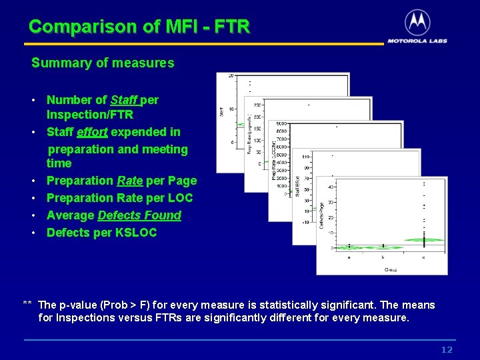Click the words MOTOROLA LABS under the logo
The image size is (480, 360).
click(x=417, y=41)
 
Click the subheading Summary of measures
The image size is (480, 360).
click(x=103, y=63)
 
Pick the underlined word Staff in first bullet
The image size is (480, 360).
click(x=124, y=100)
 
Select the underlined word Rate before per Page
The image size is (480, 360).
click(x=130, y=181)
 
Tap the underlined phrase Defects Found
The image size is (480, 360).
click(x=139, y=215)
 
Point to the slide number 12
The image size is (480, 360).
click(x=446, y=350)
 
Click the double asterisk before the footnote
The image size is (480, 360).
click(x=28, y=305)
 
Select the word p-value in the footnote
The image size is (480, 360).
click(x=82, y=305)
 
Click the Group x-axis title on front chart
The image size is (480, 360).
click(x=391, y=269)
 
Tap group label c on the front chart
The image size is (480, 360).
click(x=424, y=256)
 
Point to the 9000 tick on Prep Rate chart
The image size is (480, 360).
click(x=281, y=123)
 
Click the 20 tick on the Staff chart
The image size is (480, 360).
click(x=231, y=75)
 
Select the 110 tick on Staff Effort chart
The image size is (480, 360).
click(x=306, y=156)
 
